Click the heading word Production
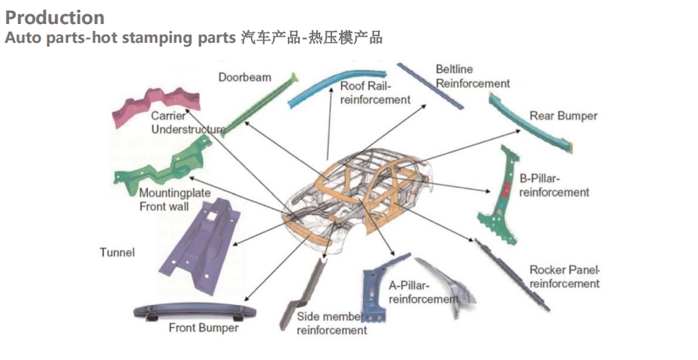pos(54,17)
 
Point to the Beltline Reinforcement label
pos(472,77)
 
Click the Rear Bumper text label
pos(563,116)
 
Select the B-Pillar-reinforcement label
pos(554,186)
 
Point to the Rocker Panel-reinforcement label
pos(564,277)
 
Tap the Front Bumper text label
pos(204,328)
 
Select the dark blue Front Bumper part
pos(194,310)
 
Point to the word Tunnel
pos(117,253)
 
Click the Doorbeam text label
pos(245,77)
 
